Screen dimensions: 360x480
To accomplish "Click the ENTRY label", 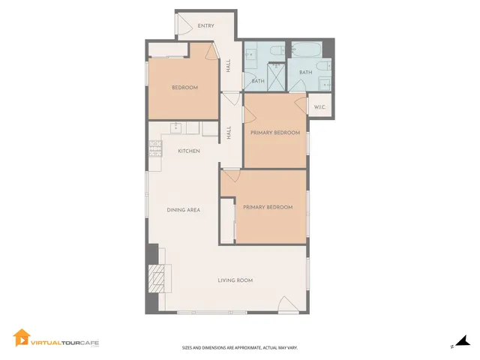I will coord(206,26).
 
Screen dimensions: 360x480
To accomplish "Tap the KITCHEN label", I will coord(188,151).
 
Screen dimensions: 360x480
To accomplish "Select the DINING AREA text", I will coord(183,210).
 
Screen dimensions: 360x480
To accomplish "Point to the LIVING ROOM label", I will coord(235,280).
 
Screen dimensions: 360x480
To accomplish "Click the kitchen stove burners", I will coord(156,148).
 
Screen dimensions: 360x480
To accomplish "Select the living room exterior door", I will coord(289,304).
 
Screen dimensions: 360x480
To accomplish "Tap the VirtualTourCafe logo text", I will coord(64,343).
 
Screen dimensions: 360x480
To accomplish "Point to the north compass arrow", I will coord(464,342).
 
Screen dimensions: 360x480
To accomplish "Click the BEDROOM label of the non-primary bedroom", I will coord(184,88).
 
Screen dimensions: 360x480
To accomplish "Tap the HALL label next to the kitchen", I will coord(229,133).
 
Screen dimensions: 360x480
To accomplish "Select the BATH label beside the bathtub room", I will coord(305,72).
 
